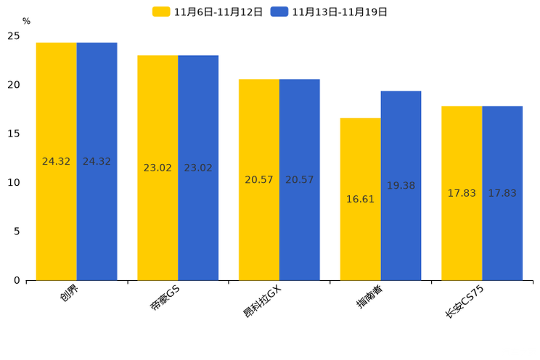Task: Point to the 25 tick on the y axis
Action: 14,36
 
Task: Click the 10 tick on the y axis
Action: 14,182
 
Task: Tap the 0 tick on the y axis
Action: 17,280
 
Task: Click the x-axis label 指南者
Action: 369,296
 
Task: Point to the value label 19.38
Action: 401,186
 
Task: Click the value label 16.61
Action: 360,199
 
